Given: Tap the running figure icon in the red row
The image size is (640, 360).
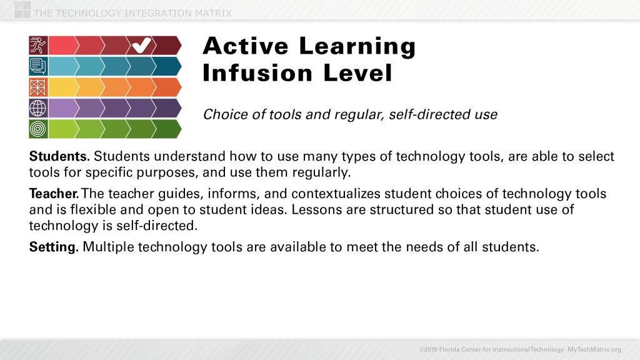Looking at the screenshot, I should (37, 45).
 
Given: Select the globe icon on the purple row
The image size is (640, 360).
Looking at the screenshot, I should (37, 108).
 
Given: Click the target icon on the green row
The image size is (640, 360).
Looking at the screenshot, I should (37, 129).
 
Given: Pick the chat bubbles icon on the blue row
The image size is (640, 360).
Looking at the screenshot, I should (37, 66).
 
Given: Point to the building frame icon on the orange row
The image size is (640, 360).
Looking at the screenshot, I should (37, 87).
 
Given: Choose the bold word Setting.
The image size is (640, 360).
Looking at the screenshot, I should (53, 247).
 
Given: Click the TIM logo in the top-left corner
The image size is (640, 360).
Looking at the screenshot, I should (22, 9).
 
